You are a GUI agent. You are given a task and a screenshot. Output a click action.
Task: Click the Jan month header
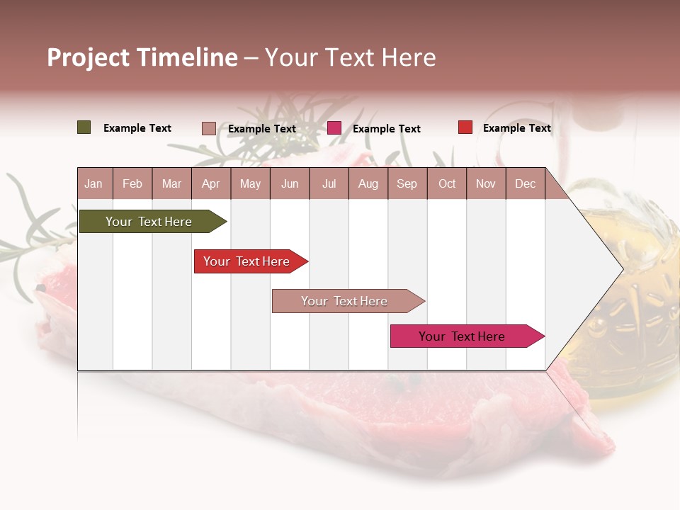(93, 184)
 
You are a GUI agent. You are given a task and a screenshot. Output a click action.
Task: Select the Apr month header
(210, 184)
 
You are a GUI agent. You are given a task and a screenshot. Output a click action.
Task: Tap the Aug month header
(368, 184)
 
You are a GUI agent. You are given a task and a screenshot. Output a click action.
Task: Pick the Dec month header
(525, 184)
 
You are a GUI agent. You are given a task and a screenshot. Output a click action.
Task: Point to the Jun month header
(290, 184)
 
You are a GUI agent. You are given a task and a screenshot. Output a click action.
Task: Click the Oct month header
(447, 184)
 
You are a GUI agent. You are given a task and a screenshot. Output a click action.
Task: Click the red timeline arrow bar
(249, 261)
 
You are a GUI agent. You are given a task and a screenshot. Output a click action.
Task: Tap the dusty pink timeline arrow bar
(346, 301)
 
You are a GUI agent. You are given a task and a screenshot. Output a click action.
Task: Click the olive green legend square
(84, 127)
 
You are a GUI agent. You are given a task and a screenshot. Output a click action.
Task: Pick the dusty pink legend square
(208, 128)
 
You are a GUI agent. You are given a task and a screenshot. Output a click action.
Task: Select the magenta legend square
(334, 128)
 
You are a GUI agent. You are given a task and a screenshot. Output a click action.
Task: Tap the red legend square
(465, 127)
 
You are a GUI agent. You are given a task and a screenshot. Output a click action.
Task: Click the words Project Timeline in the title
(142, 57)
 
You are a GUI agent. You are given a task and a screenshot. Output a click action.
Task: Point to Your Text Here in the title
(351, 57)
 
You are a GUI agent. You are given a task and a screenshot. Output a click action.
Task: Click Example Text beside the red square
(516, 128)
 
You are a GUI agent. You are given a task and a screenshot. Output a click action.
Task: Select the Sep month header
(407, 184)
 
